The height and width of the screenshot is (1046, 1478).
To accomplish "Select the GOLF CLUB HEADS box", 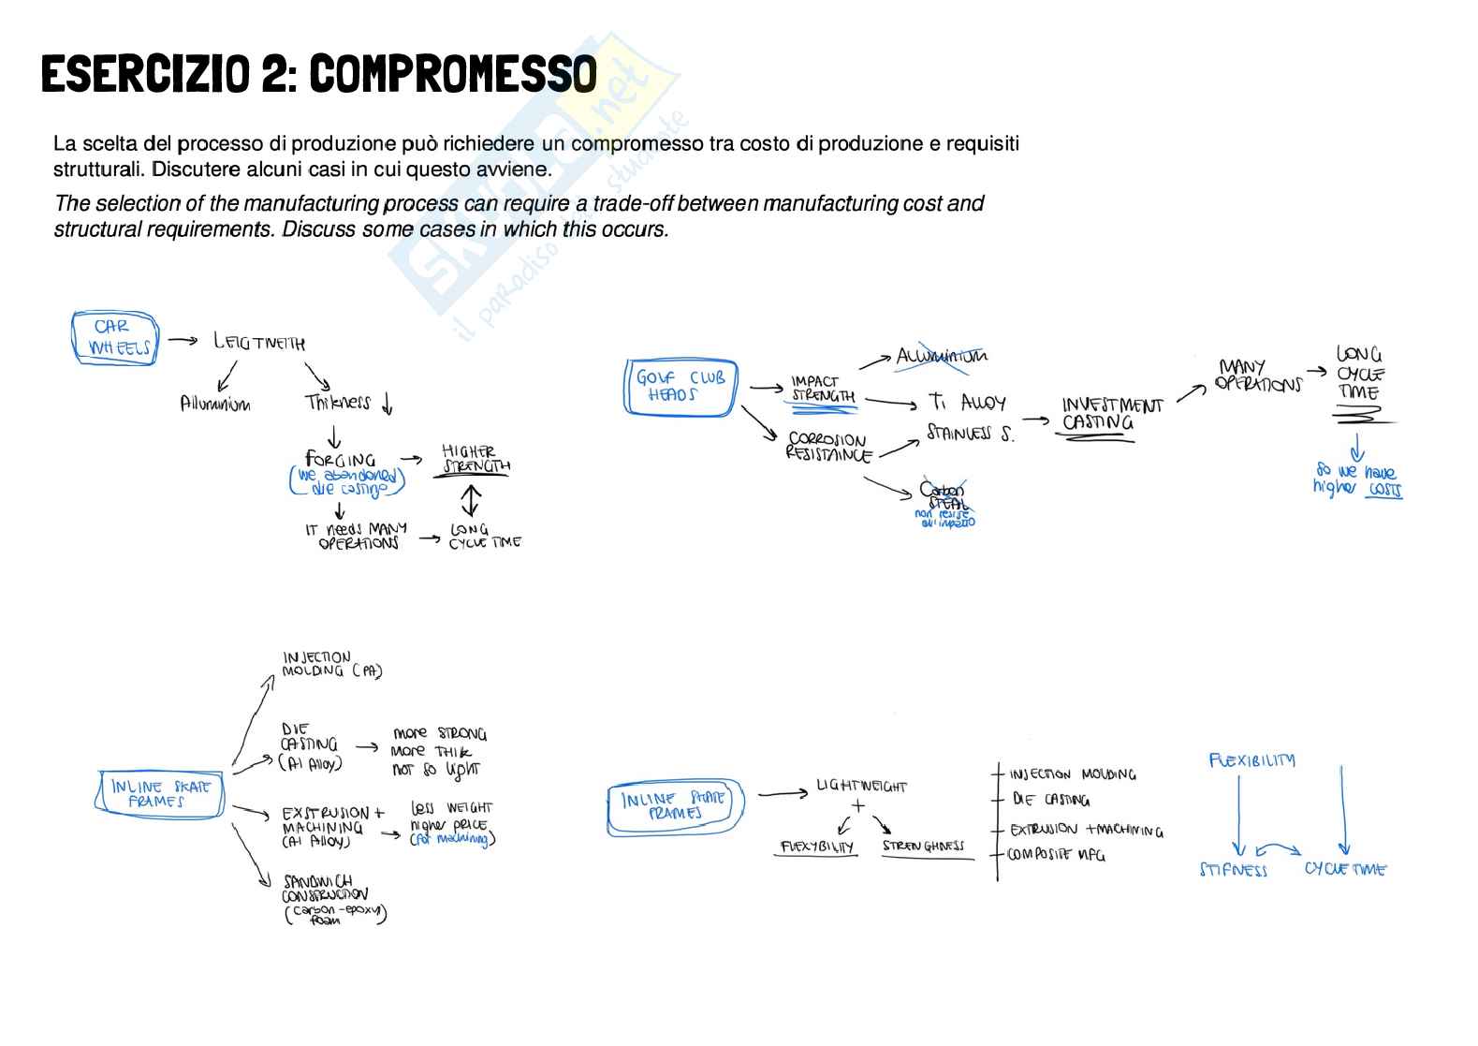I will (x=680, y=386).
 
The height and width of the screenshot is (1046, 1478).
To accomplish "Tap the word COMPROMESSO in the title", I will (x=452, y=74).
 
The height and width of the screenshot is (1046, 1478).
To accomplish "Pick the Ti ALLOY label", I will (x=967, y=402).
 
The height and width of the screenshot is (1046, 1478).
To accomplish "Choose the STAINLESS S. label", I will (x=970, y=434).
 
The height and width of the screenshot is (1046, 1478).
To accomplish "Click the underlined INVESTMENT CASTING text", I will (x=1111, y=414).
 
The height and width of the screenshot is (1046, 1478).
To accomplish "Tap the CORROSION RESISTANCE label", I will (x=827, y=447).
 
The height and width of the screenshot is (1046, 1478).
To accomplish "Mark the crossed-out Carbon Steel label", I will (x=944, y=496).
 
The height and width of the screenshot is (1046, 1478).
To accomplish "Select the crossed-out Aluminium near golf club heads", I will (x=941, y=356).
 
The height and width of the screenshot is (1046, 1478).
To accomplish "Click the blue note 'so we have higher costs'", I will (x=1356, y=479).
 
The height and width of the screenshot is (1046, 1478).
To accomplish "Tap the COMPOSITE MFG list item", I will (x=1055, y=855).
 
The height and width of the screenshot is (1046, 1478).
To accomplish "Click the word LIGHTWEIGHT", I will (x=861, y=786).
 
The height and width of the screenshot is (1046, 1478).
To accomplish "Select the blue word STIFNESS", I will (x=1233, y=870).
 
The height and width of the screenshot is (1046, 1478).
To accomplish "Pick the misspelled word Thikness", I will (x=337, y=403).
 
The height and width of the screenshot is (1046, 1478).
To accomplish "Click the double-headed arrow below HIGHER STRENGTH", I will (x=470, y=498).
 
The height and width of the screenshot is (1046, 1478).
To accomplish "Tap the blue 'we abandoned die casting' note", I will (x=347, y=481).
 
